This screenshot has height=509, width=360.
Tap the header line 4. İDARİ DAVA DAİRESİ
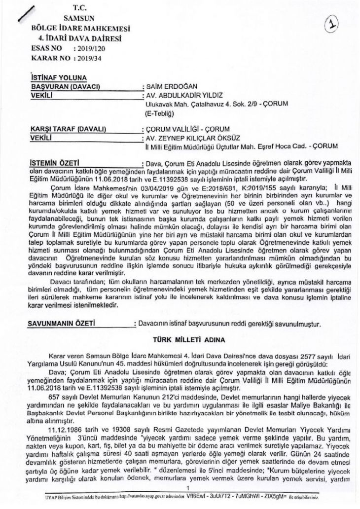[x=79, y=37]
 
